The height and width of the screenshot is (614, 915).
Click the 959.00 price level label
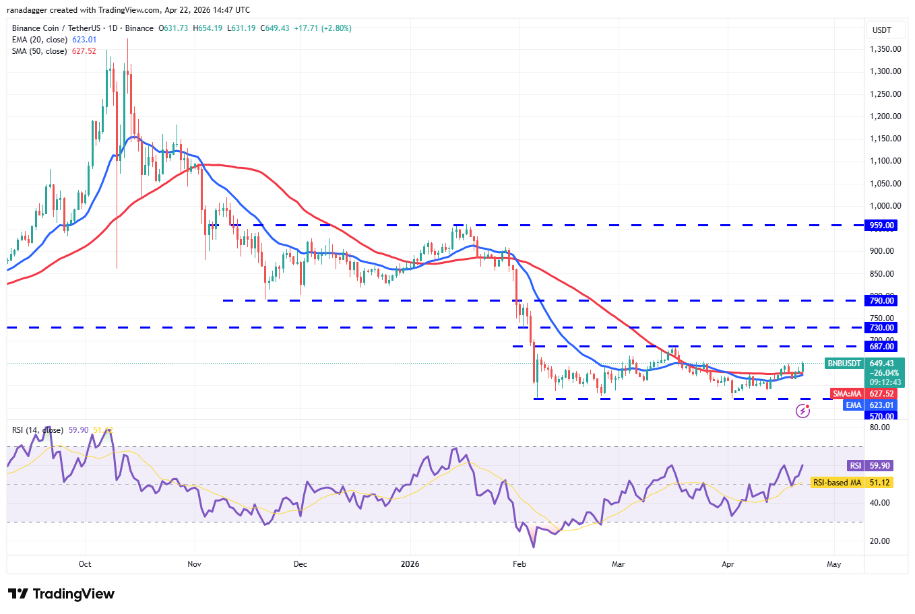pos(881,226)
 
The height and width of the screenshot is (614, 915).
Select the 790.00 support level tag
pos(881,301)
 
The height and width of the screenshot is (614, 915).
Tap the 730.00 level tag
pos(881,328)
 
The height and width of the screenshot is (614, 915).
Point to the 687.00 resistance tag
pos(881,347)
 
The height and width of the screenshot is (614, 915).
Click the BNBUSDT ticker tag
pos(844,364)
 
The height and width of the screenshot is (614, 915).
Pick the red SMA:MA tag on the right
pos(847,394)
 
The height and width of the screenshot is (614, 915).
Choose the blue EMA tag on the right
pos(854,405)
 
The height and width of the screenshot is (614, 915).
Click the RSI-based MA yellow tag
pos(837,483)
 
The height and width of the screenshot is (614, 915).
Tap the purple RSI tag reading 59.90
pos(855,466)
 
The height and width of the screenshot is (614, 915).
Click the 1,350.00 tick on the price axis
pos(885,49)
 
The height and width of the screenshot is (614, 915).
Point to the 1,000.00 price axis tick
pos(885,206)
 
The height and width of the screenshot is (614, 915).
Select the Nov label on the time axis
pos(194,564)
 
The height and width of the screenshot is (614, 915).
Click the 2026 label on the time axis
pos(410,564)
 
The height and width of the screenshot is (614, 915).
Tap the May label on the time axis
pos(834,564)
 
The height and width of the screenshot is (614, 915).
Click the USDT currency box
pos(882,30)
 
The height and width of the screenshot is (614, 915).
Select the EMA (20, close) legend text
pos(40,40)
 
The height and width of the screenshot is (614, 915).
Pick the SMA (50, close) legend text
pos(39,51)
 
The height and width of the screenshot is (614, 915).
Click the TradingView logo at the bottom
pos(61,594)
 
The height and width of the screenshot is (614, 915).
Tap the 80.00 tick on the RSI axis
pos(880,428)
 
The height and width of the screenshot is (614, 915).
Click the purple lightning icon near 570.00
pos(802,411)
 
